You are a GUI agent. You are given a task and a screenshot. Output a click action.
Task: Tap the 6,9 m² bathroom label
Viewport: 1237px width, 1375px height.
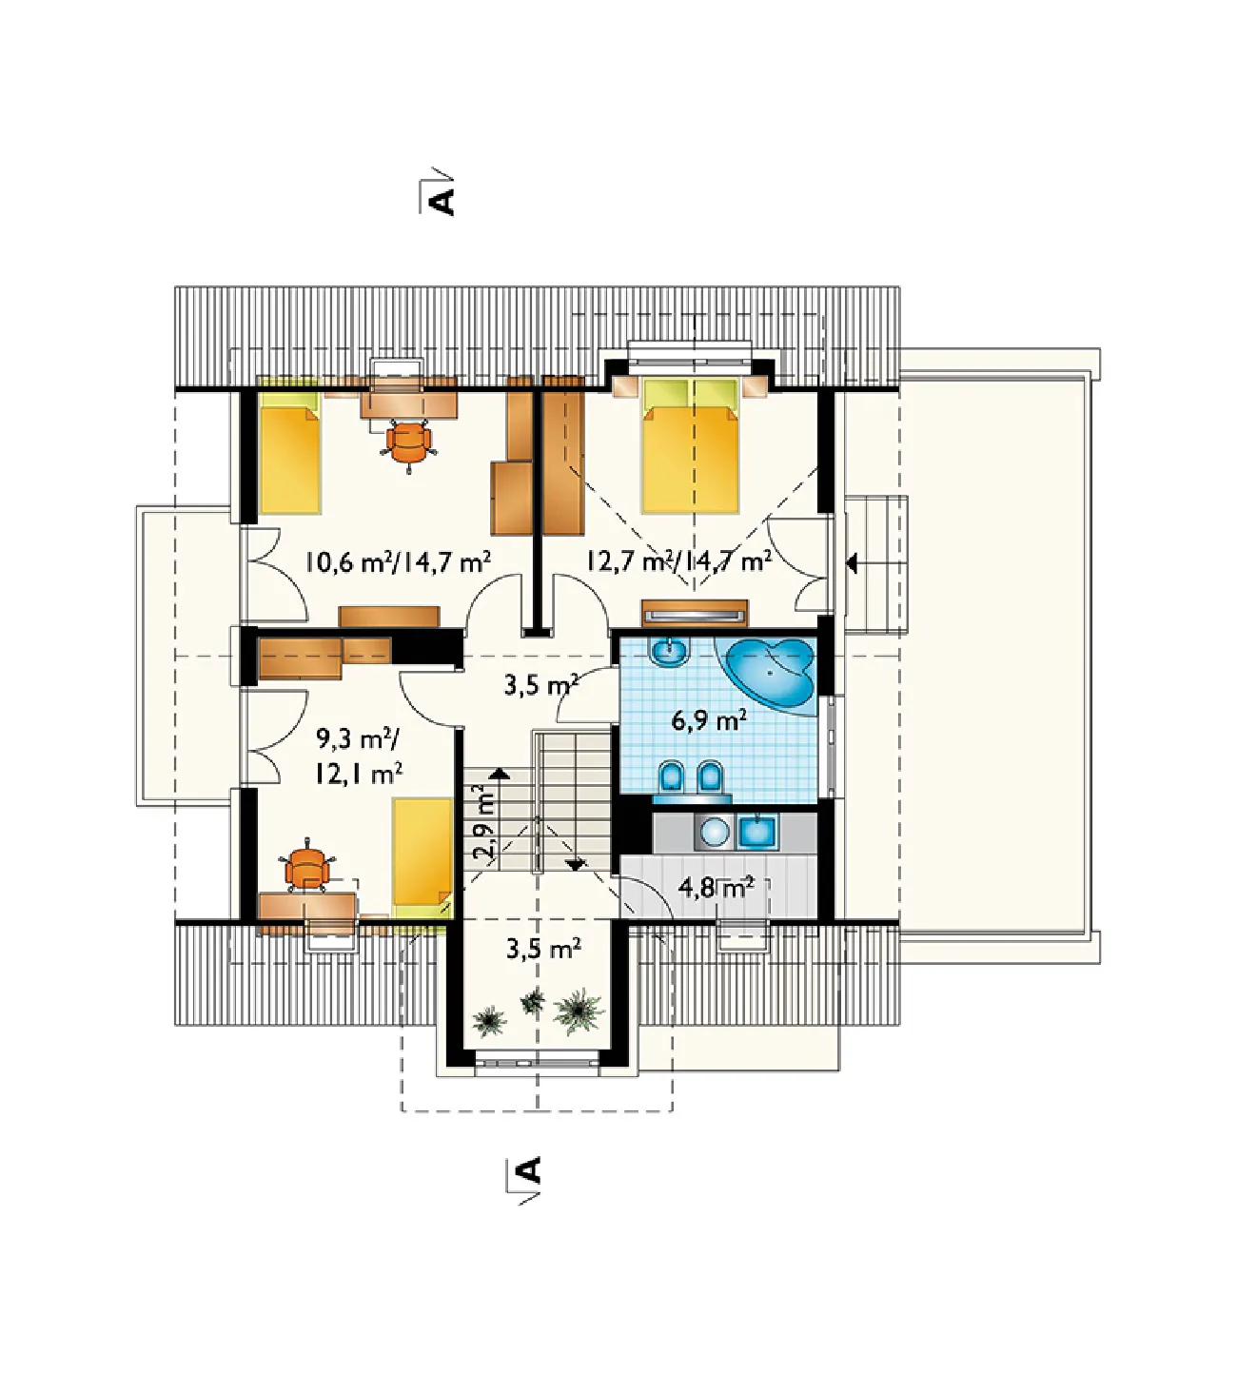(x=708, y=721)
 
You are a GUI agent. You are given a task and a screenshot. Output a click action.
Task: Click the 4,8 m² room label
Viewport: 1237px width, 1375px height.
(x=717, y=888)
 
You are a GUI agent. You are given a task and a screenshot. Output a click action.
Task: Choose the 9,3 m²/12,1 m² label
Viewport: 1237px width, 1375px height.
(x=359, y=756)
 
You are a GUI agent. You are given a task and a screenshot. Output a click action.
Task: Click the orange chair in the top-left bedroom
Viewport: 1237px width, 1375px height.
(x=409, y=443)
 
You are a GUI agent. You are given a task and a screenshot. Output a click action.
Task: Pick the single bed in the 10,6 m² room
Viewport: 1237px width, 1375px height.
(x=291, y=452)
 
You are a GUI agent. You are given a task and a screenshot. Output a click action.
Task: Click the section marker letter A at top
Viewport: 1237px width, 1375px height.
(x=442, y=202)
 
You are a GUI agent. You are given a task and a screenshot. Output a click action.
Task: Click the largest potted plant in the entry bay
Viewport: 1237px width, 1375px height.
(x=579, y=1011)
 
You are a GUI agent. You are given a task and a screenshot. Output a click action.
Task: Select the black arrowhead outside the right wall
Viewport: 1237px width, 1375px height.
(x=852, y=565)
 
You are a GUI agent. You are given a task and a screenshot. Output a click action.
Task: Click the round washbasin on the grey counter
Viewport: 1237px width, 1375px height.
(x=716, y=832)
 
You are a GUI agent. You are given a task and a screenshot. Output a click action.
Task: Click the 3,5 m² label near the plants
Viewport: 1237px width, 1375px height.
(x=543, y=949)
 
